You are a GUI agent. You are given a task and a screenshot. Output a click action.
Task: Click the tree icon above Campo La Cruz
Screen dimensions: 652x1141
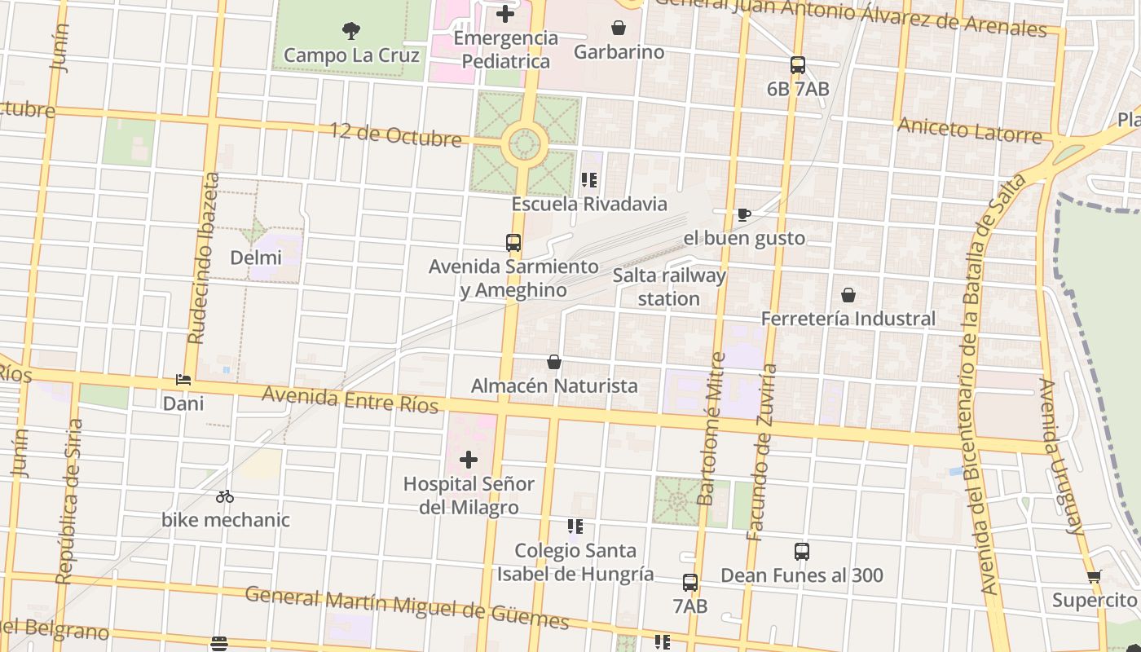(351, 31)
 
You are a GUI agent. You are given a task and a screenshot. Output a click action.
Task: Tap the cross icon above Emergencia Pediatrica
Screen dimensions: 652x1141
(505, 14)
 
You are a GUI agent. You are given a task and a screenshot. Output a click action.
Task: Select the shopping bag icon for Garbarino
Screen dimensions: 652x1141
(619, 28)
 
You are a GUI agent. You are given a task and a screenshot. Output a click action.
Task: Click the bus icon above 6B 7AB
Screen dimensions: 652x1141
(798, 65)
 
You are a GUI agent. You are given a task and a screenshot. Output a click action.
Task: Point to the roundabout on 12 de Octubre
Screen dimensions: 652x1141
(523, 145)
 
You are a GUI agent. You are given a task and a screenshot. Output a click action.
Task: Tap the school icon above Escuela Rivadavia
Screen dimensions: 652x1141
(589, 180)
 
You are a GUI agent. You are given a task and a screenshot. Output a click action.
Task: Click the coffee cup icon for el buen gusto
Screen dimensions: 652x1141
(743, 214)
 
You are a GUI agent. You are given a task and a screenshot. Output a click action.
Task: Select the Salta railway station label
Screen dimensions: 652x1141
(668, 287)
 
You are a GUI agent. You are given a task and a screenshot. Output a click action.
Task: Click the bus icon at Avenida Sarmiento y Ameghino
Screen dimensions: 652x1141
(513, 242)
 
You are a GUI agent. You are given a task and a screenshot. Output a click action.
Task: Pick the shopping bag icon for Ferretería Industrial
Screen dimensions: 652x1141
(848, 294)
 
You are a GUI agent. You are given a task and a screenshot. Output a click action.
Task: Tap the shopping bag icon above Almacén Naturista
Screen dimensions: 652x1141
(554, 361)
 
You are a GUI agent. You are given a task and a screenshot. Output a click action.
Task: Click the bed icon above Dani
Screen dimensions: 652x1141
(183, 380)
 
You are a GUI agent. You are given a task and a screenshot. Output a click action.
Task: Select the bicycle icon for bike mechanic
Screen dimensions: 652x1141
(225, 496)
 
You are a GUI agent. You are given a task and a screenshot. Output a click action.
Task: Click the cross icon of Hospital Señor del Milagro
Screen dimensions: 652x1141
(469, 460)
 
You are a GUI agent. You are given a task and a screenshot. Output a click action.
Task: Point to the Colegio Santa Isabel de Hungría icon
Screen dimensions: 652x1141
(575, 526)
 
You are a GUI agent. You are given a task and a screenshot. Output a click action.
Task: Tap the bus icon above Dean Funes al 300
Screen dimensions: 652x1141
(802, 552)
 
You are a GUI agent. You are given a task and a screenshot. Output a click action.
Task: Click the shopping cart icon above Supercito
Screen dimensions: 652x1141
(1095, 576)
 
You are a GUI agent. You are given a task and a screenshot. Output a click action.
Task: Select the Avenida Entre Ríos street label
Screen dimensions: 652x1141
(350, 399)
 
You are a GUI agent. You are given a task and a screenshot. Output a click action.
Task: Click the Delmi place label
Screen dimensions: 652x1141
(255, 258)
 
